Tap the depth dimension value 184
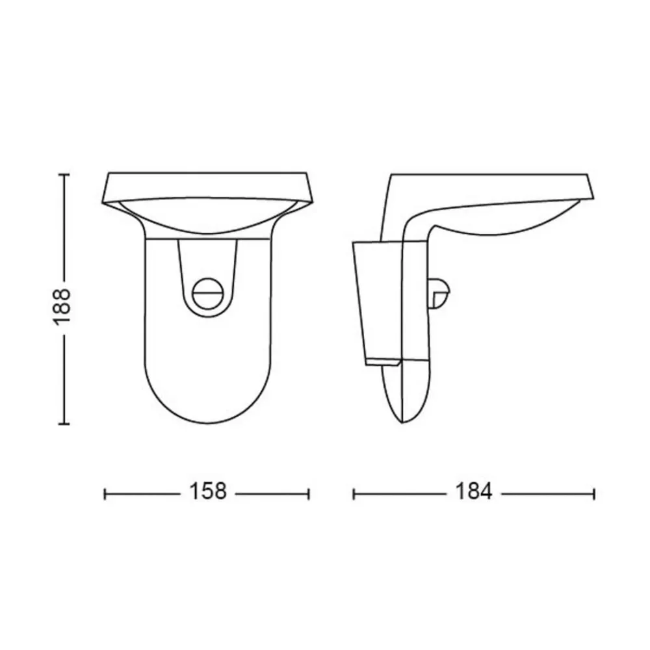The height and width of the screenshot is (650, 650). (473, 491)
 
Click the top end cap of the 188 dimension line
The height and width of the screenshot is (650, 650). (64, 174)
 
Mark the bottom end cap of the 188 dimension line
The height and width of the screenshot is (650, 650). (64, 424)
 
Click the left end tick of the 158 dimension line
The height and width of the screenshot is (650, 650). (105, 494)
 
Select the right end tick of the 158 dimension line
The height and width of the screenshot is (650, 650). (309, 494)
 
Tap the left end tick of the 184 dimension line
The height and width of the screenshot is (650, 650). (354, 494)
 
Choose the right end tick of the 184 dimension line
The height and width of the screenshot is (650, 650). (593, 494)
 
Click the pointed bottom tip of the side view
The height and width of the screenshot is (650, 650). (402, 421)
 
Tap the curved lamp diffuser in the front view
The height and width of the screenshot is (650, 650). (207, 217)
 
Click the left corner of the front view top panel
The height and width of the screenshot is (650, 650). (104, 203)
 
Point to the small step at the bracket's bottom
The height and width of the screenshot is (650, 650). (383, 361)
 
